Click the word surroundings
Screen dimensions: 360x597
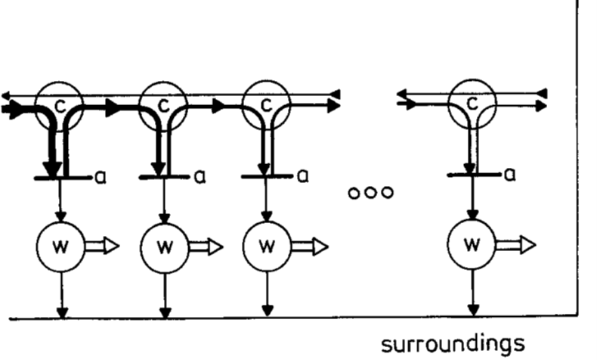(452, 344)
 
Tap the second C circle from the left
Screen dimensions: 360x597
(163, 103)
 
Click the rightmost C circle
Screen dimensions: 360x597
(473, 103)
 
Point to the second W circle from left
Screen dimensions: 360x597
(164, 246)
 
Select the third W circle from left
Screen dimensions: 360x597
(266, 246)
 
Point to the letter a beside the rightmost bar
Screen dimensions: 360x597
(509, 174)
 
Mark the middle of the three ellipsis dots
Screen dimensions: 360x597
(370, 192)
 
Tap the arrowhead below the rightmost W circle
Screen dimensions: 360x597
(474, 309)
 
